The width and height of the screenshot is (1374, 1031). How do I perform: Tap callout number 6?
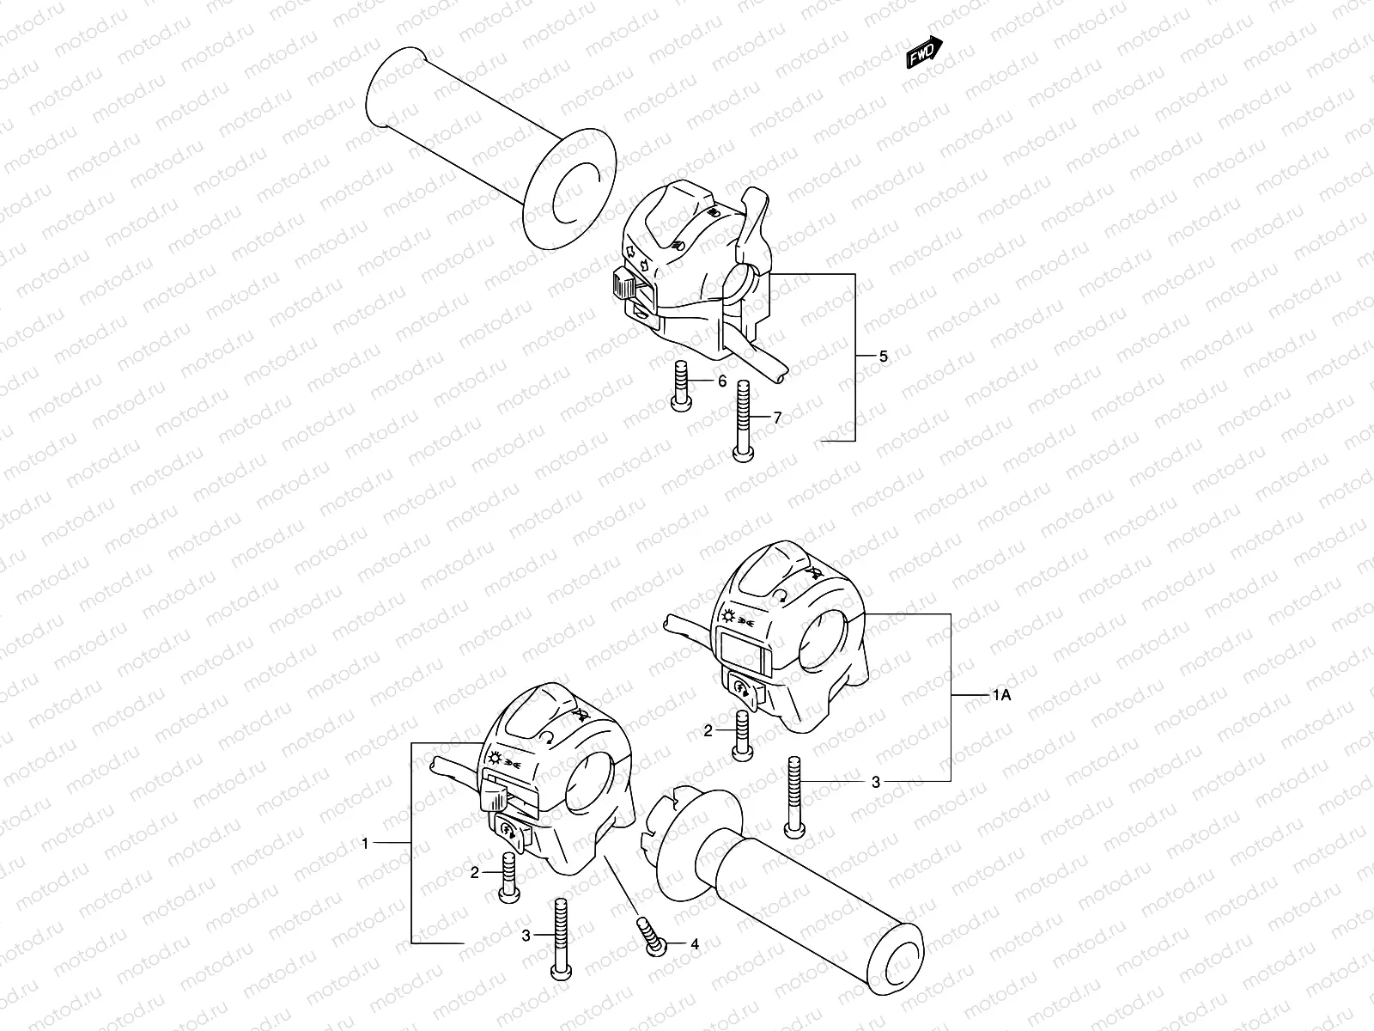coord(721,381)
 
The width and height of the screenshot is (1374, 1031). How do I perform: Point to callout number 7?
coord(776,418)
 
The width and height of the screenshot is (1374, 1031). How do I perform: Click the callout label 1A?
coord(1002,695)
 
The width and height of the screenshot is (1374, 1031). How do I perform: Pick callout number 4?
coord(694,944)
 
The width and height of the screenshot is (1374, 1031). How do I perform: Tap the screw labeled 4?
coord(653,936)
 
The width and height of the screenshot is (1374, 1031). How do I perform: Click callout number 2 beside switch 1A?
coord(708,731)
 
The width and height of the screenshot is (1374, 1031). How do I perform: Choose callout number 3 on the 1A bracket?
coord(876,782)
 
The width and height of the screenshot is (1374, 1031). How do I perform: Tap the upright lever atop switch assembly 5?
coord(756,219)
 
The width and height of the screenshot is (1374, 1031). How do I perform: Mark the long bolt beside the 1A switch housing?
coord(793,796)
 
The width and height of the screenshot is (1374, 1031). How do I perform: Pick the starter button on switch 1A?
coord(740,690)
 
